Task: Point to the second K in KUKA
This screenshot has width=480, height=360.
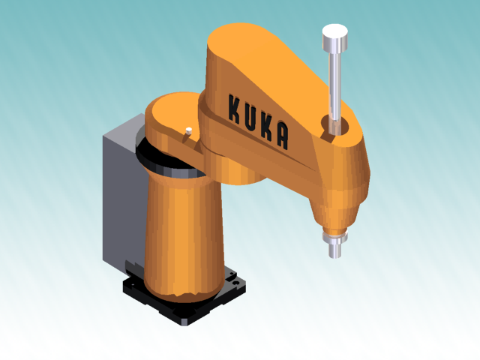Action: pyautogui.click(x=265, y=127)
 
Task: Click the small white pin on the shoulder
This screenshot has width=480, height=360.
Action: pyautogui.click(x=188, y=132)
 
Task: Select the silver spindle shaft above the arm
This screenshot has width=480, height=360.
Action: pyautogui.click(x=334, y=82)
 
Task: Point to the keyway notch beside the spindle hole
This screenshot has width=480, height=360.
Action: pyautogui.click(x=324, y=135)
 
